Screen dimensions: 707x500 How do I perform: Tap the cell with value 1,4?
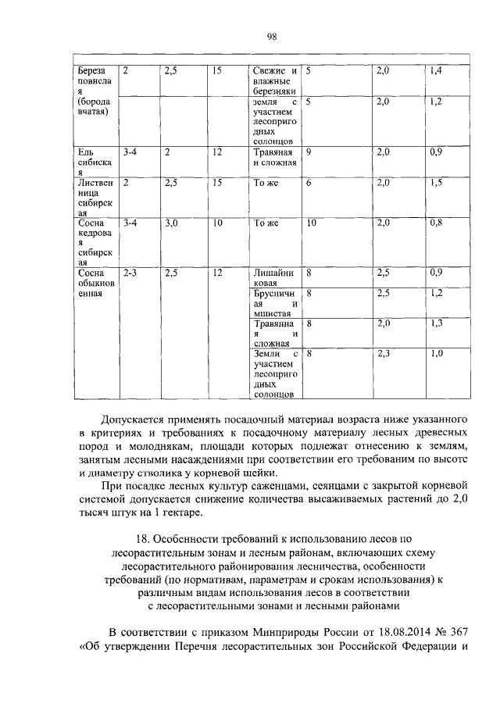435,71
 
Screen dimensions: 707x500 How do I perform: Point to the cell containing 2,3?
383,354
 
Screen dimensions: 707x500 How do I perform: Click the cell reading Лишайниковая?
273,278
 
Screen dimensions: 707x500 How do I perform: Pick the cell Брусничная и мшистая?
273,303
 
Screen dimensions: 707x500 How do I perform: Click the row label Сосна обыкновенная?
93,284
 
